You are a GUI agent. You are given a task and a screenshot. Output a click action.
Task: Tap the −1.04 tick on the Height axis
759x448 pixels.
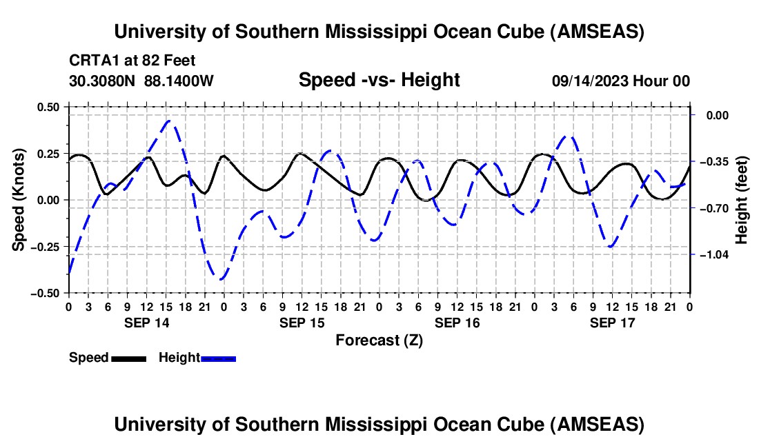pos(715,254)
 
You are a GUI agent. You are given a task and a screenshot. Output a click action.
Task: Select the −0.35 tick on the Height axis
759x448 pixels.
pos(715,162)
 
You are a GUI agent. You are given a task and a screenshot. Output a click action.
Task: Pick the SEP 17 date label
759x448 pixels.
pos(613,323)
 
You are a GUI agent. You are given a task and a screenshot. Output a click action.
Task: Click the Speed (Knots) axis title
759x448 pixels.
pos(20,200)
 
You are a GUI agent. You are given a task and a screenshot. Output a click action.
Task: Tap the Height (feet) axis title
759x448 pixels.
pos(742,200)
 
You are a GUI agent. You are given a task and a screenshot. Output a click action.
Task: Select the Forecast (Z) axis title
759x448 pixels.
pos(379,340)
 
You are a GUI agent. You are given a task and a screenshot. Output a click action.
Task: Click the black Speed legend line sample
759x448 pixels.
pos(128,358)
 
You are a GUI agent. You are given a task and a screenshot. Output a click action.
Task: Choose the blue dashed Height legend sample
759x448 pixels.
pos(218,358)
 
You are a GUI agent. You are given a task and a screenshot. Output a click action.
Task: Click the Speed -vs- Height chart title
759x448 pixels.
pos(379,80)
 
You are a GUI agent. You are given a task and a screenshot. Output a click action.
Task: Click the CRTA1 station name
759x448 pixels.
pos(90,61)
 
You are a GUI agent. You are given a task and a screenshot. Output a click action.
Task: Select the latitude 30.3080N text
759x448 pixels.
pos(103,81)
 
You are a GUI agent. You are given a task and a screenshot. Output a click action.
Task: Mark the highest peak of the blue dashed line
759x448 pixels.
pos(170,121)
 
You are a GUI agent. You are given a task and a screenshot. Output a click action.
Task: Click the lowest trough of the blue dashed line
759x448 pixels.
pos(220,279)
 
